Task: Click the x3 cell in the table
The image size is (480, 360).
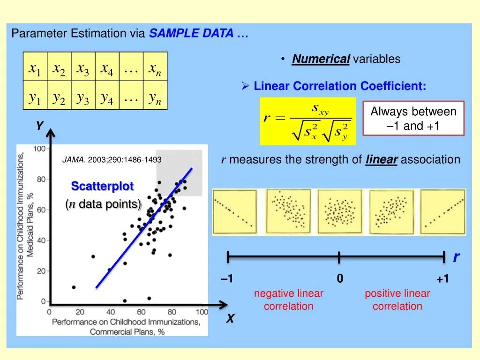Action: [83, 69]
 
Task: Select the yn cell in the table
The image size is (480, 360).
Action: [155, 97]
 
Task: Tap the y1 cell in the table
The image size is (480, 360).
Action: [35, 97]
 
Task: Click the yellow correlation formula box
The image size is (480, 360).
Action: [307, 121]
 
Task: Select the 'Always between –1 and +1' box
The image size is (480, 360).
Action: [413, 118]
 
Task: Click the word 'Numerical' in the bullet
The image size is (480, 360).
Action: [321, 59]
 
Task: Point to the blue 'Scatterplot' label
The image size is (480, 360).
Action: [102, 186]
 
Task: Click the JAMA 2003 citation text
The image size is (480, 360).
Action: [112, 160]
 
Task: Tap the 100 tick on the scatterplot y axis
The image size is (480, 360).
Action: [39, 149]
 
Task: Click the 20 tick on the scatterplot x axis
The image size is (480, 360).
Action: [80, 312]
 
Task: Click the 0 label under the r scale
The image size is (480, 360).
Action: [340, 279]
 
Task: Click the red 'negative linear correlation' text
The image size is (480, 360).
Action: [289, 300]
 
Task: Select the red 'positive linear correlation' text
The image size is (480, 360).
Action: [397, 300]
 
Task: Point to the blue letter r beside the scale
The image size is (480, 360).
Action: [456, 257]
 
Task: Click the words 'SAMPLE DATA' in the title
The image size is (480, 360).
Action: [191, 34]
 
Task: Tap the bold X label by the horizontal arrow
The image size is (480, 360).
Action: [230, 319]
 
